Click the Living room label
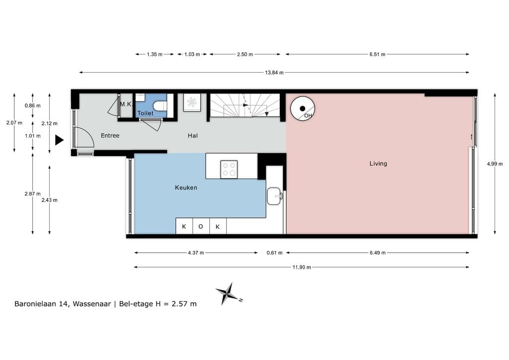[378, 164]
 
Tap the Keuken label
[186, 187]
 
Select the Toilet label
[145, 113]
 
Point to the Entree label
[110, 136]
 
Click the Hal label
[192, 136]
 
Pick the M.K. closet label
[126, 104]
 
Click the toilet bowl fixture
[160, 105]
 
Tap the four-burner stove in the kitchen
[229, 169]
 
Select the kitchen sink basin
[274, 196]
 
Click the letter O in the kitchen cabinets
[201, 227]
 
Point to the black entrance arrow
[59, 140]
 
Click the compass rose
[228, 294]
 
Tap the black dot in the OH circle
[303, 108]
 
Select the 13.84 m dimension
[274, 73]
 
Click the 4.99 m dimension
[495, 164]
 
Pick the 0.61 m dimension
[274, 253]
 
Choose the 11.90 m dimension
[302, 267]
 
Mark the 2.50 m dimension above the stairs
[245, 54]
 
